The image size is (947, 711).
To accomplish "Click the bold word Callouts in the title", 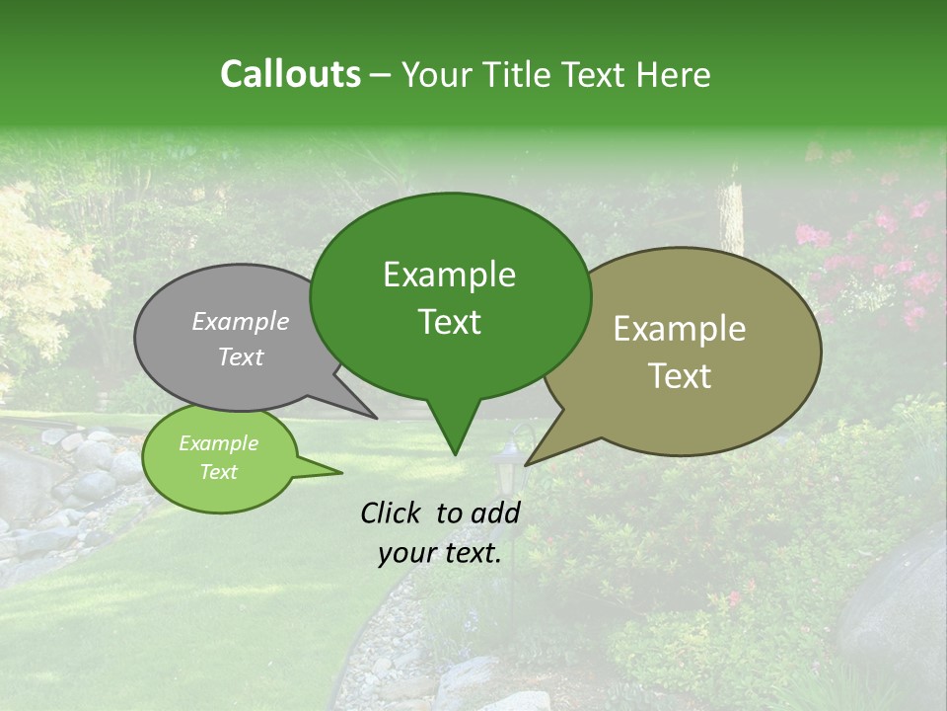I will click(290, 74).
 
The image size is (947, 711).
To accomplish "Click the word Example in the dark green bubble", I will click(449, 275).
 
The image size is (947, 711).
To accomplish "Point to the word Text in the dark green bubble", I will click(449, 322).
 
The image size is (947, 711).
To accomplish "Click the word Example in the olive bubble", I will click(680, 329).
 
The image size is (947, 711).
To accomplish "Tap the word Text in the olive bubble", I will click(680, 376).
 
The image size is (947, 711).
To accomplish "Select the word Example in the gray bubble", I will click(240, 321).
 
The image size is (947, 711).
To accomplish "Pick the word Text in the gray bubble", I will click(240, 356).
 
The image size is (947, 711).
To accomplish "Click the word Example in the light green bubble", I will click(218, 443).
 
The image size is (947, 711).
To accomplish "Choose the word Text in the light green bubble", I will click(218, 472).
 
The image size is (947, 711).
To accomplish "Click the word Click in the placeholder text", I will click(394, 513).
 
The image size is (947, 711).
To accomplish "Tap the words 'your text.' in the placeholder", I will click(440, 553).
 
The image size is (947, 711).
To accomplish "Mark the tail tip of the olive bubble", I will click(528, 463).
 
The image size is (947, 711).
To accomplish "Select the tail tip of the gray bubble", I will click(375, 417).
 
